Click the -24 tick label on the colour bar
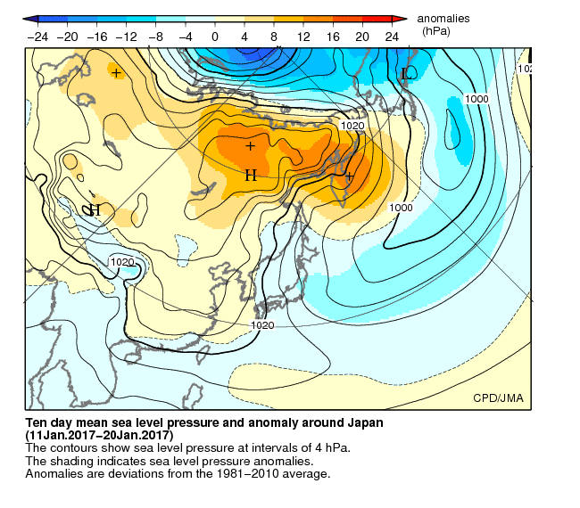(38, 37)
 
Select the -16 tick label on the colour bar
(97, 37)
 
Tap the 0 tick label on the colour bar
(215, 37)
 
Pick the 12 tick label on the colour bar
(303, 37)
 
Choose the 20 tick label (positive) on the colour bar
(362, 37)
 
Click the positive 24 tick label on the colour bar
(392, 37)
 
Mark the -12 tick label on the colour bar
(127, 37)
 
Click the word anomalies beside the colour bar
(443, 18)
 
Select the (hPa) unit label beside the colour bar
(436, 30)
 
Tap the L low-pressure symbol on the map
(404, 73)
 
